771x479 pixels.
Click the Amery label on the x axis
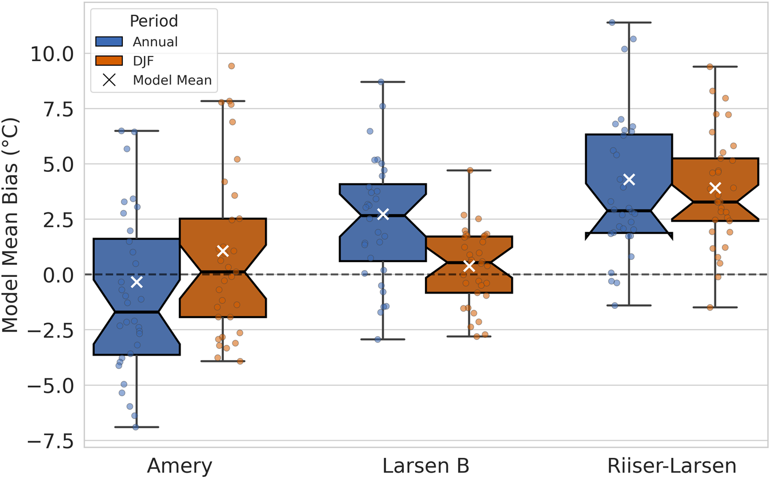[179, 465]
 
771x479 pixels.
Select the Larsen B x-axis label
[425, 465]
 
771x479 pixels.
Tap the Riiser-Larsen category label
[672, 465]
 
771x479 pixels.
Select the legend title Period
[154, 21]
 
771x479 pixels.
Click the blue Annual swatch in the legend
[109, 42]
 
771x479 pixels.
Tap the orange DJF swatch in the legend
[109, 61]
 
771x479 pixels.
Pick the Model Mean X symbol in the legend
[109, 80]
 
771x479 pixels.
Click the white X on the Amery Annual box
[136, 281]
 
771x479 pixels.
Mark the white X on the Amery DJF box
[223, 251]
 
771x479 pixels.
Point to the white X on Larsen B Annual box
[383, 214]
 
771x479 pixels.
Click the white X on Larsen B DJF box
[469, 265]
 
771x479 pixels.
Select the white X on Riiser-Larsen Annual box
[629, 179]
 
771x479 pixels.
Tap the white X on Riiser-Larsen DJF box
[715, 188]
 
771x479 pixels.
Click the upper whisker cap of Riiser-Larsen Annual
[629, 22]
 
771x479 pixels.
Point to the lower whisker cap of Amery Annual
[136, 426]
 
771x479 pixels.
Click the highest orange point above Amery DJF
[231, 66]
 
